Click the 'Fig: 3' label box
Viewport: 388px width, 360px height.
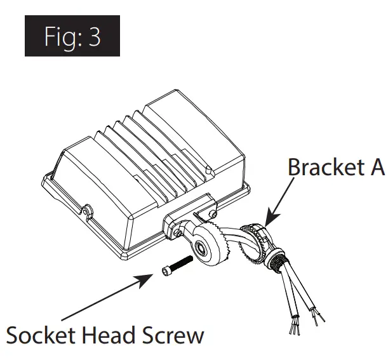(x=72, y=36)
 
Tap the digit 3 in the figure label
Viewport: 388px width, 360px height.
(x=95, y=36)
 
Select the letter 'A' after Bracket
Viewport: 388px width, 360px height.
(x=375, y=167)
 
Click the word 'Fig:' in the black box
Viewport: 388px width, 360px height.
(x=60, y=36)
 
